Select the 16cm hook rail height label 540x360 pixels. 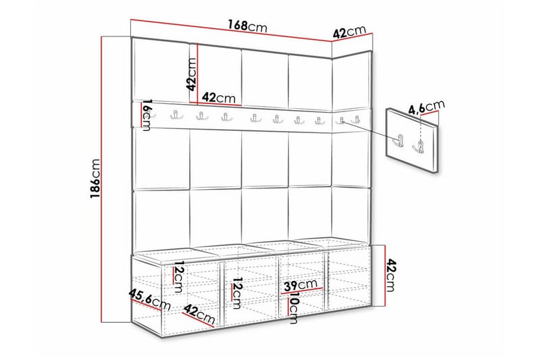[x=146, y=114]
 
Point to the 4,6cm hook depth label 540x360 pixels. [x=427, y=106]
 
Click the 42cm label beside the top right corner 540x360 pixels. [x=349, y=32]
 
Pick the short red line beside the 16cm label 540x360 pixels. [x=140, y=114]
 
